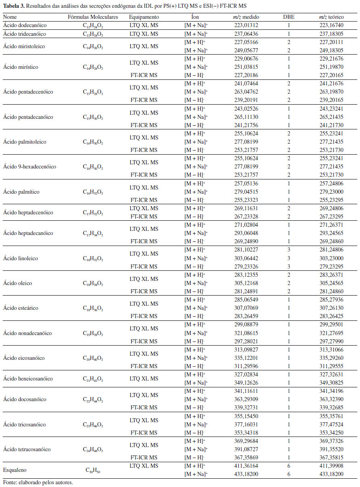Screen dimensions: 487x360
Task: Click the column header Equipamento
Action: pos(143,17)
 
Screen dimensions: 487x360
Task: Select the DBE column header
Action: pos(289,17)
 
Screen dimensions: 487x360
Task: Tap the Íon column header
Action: pos(195,17)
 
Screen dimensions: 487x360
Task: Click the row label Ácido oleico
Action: pos(17,283)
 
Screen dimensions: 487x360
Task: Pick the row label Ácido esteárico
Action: pos(19,308)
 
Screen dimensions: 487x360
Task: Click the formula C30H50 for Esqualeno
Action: pos(93,470)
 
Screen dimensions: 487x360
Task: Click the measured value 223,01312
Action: pos(246,25)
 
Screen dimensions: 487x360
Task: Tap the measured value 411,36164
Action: pos(246,466)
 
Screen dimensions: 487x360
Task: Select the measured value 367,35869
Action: pos(246,457)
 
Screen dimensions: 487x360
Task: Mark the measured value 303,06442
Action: pos(246,258)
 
